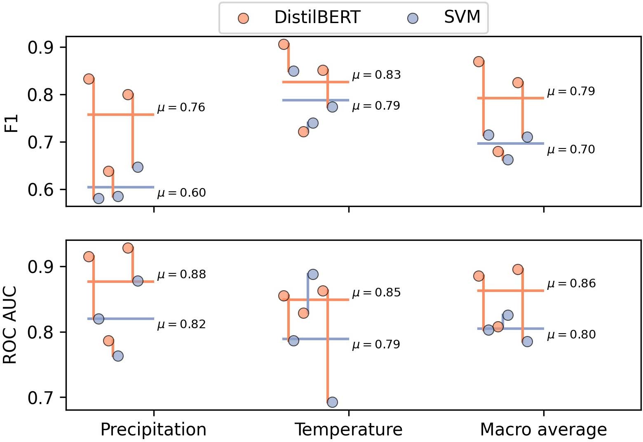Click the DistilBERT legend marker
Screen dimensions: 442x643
pos(244,18)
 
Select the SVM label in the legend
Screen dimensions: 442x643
pos(462,17)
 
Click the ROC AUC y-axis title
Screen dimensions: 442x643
pos(11,325)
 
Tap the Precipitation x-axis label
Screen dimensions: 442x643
pos(153,430)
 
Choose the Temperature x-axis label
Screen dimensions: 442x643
pos(348,430)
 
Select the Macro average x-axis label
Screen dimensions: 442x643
pos(543,430)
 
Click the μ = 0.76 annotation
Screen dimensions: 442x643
pos(181,108)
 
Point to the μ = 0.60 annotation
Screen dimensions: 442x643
pos(181,193)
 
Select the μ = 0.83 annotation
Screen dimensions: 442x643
pos(376,75)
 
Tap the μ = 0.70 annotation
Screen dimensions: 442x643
pos(571,150)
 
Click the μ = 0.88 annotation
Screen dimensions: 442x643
pos(181,275)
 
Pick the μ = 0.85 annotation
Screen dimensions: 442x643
pos(376,293)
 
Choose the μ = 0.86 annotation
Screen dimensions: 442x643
pos(571,284)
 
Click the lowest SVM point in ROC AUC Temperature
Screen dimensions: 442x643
pos(332,402)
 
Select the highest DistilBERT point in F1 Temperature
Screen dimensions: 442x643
pos(284,44)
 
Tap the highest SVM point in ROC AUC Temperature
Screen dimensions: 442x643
pos(313,274)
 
